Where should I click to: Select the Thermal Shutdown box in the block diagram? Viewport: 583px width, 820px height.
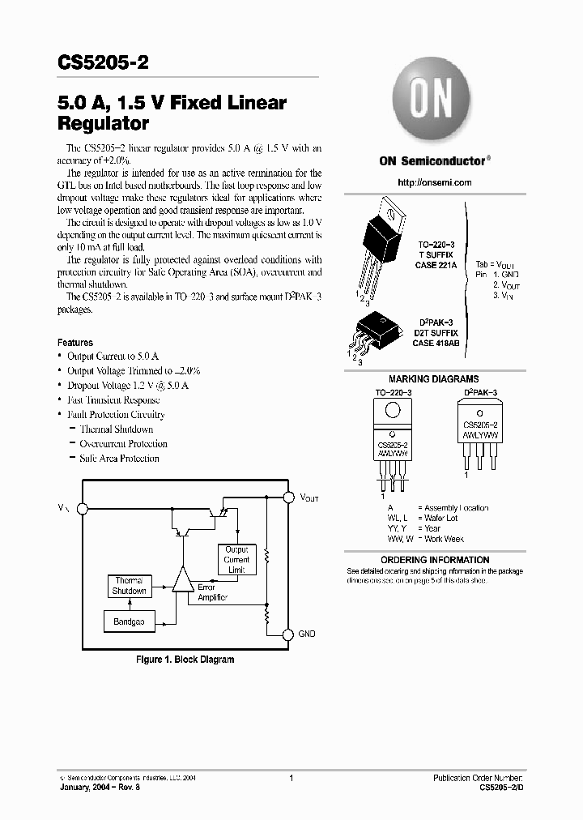pos(130,586)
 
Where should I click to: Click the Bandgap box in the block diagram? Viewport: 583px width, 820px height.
pos(130,621)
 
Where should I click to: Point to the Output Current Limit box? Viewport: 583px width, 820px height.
pos(236,560)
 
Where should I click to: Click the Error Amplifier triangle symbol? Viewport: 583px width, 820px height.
pos(183,581)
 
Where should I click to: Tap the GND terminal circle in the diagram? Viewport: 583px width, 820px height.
pos(287,634)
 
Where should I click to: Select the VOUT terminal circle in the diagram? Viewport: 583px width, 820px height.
pos(287,496)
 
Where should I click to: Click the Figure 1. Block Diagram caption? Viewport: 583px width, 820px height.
pos(184,660)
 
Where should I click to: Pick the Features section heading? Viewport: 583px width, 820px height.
pos(75,343)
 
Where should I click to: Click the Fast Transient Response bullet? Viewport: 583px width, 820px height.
pos(113,400)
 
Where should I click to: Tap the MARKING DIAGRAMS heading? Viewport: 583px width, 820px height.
pos(433,379)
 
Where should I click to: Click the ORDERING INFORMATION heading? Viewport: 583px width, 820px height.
pos(435,560)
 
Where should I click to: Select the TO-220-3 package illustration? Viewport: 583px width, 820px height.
pos(379,243)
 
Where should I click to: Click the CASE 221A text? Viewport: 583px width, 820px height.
pos(437,264)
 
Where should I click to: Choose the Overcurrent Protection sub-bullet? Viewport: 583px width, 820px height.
pos(123,444)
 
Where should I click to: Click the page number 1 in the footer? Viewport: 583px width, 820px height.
pos(291,778)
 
